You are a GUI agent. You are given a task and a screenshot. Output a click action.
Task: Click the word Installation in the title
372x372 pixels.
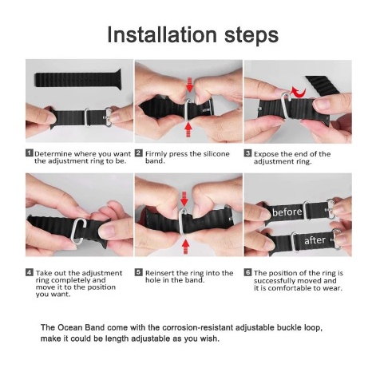tap(162, 34)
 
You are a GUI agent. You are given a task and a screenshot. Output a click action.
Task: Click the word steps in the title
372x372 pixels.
tap(251, 36)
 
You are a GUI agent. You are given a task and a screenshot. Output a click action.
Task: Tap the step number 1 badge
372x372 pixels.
tap(30, 153)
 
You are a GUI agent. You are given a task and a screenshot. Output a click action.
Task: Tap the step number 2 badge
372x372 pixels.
tap(138, 153)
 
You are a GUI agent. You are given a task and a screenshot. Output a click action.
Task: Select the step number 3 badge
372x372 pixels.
tap(247, 153)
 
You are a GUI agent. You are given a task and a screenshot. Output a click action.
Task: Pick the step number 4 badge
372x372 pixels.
tap(30, 272)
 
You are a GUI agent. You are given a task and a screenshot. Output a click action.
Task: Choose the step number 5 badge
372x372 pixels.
tap(138, 272)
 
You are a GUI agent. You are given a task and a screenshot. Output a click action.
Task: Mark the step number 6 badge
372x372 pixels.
tap(247, 272)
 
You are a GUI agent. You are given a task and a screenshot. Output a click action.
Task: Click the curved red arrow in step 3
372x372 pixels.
tap(298, 93)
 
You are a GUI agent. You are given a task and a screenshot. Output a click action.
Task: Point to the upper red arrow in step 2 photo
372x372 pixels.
tap(189, 85)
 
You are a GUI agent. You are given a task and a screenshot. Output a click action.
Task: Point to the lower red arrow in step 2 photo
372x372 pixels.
tap(188, 129)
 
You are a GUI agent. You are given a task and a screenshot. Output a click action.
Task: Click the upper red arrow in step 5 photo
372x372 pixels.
tap(184, 199)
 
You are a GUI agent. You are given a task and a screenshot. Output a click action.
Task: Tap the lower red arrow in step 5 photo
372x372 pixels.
tap(185, 247)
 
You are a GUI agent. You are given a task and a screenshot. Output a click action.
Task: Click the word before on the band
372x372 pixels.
tap(287, 212)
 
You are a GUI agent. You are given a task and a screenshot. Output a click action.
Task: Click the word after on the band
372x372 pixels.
tap(315, 240)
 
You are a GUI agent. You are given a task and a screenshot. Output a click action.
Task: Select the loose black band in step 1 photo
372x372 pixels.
tap(77, 79)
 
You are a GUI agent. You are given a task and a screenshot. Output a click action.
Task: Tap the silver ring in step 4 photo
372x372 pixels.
tap(78, 231)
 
